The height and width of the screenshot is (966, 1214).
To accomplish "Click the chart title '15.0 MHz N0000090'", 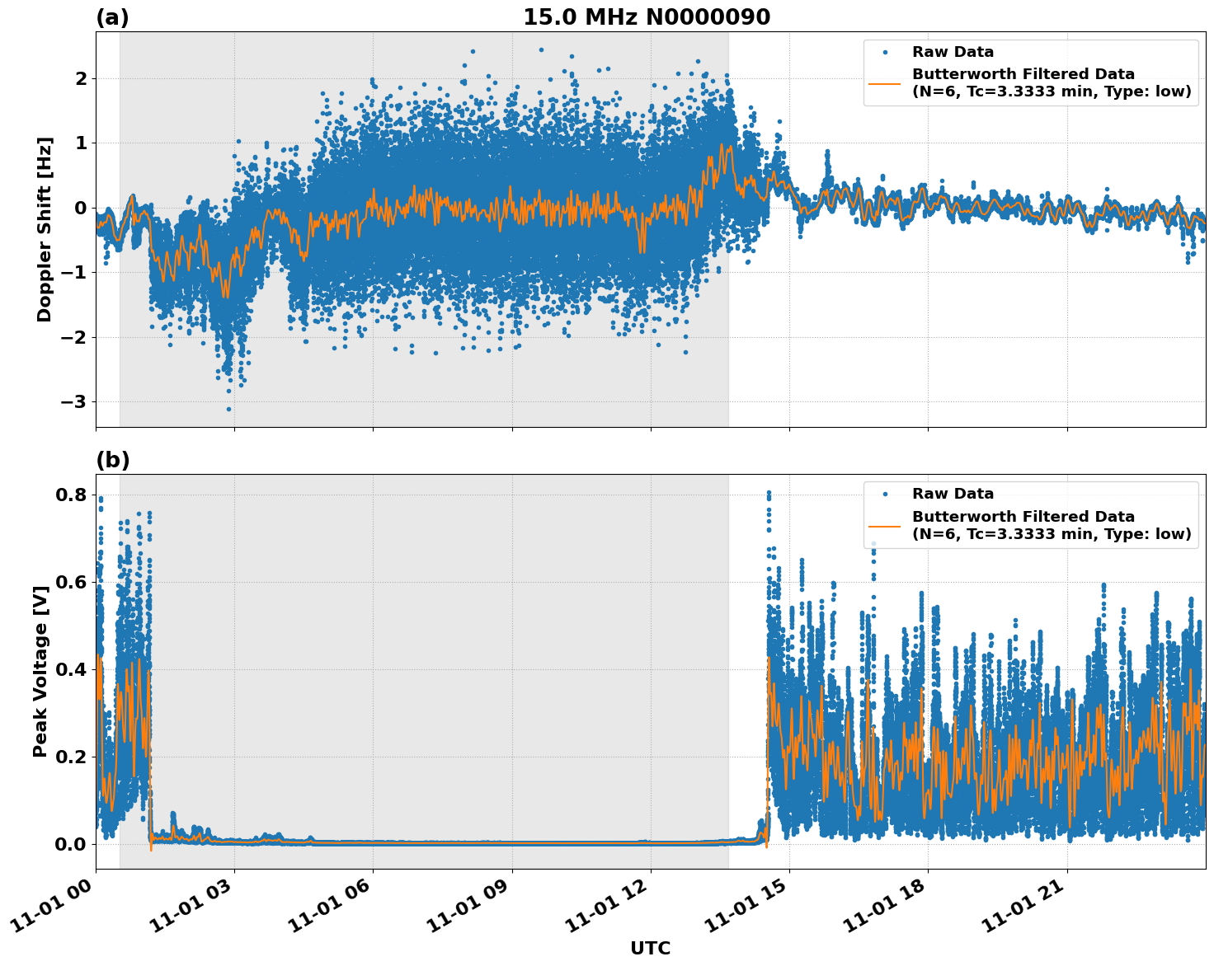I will [x=647, y=17].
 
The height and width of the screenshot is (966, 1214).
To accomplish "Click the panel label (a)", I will [x=112, y=17].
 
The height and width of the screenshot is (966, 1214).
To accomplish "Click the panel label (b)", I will [x=112, y=460].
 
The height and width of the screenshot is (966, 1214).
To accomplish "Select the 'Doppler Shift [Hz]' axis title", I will [x=45, y=229].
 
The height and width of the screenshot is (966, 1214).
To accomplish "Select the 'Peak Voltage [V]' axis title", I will [x=40, y=671].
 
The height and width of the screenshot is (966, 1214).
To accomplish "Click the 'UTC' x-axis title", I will [x=650, y=948].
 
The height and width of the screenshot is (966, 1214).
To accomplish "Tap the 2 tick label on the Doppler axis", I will [x=81, y=79].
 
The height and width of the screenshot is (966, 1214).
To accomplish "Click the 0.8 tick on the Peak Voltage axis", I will [x=71, y=495].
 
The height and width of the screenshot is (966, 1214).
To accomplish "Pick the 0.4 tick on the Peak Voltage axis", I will [x=71, y=670].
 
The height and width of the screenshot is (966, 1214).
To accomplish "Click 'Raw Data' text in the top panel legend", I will [x=953, y=52].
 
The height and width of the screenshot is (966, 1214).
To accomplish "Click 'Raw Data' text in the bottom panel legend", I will [x=953, y=494].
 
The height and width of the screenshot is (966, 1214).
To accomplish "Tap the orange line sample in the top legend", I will [x=884, y=82].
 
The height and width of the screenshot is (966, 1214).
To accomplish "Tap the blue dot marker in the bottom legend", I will [x=884, y=494].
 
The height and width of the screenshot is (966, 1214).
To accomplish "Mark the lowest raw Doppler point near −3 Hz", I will [x=228, y=409].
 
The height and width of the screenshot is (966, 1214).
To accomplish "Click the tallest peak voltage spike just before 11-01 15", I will [x=769, y=493].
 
